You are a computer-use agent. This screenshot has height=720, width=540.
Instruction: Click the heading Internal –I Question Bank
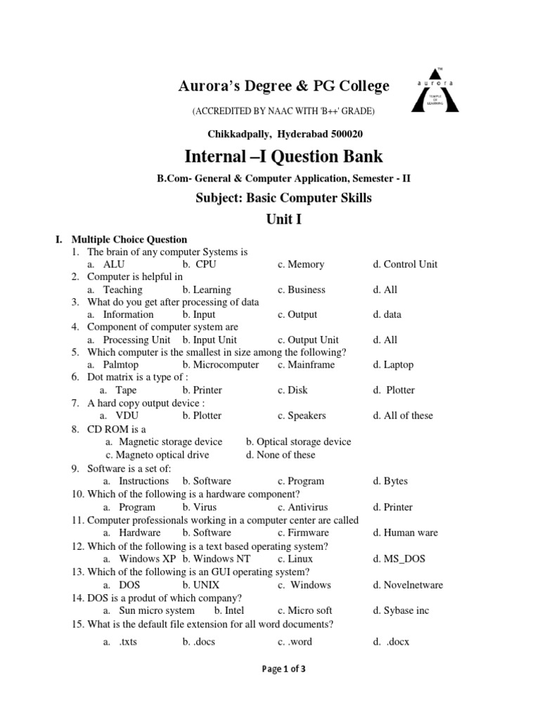point(283,155)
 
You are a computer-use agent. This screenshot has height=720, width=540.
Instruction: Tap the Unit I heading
point(283,219)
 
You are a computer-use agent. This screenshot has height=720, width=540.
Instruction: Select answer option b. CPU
point(199,264)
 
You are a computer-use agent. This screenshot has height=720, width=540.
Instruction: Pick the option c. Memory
point(301,264)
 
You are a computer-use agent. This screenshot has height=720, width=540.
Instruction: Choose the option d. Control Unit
point(405,264)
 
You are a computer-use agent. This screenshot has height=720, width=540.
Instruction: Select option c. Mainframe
point(306,365)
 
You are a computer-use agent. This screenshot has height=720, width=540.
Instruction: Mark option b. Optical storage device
point(298,442)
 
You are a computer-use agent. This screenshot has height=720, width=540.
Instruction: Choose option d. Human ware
point(405,532)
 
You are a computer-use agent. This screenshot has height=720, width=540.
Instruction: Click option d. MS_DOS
point(399,559)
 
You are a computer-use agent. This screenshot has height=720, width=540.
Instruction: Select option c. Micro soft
point(304,610)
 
